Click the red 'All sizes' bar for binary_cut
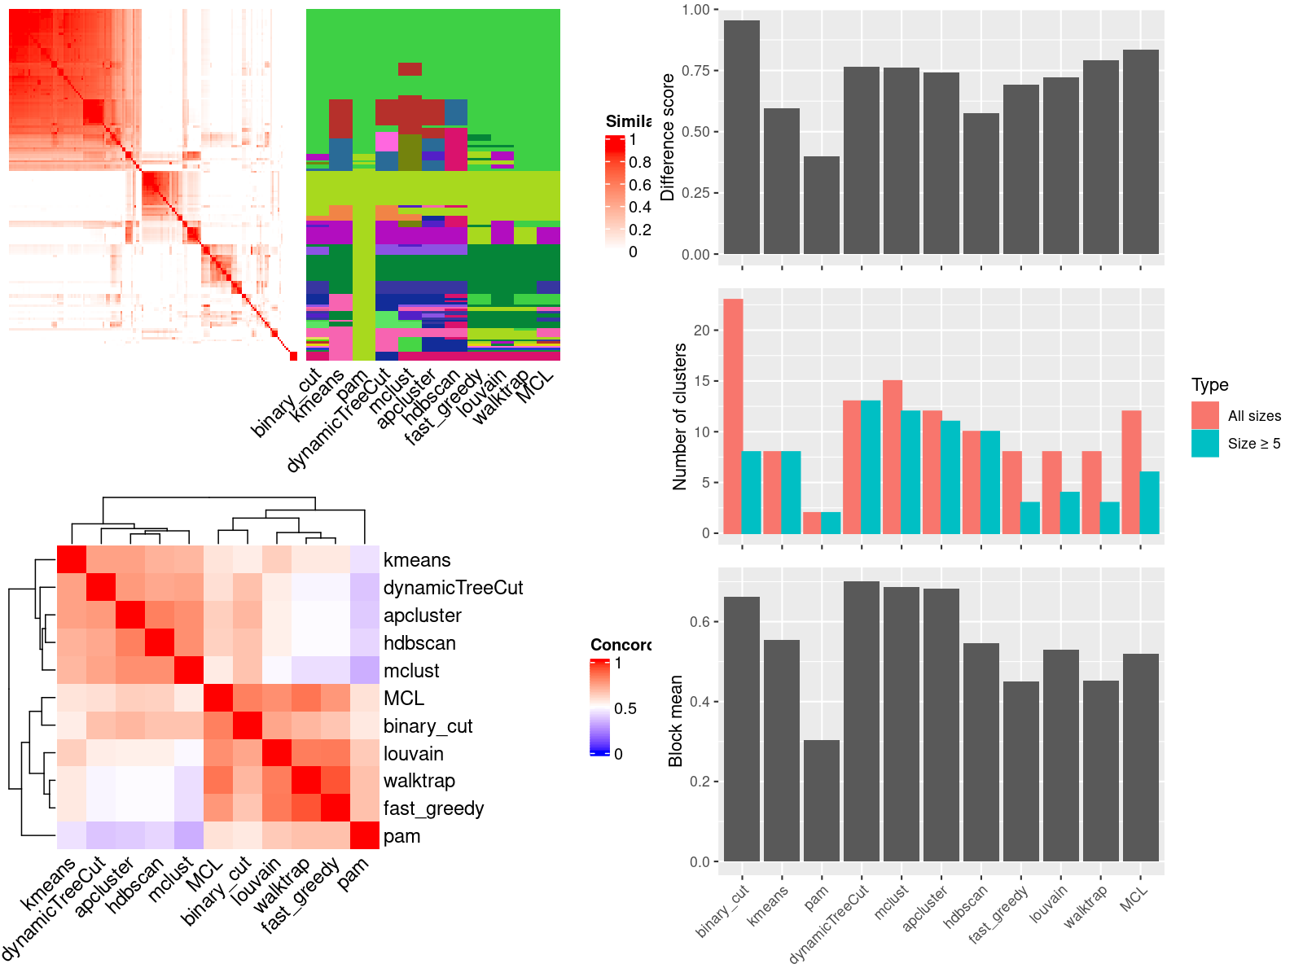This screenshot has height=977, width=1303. (733, 416)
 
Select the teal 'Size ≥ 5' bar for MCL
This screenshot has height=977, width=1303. (1150, 502)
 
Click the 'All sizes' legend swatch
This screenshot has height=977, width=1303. (1205, 415)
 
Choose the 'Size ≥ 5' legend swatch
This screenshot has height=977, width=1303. (1205, 443)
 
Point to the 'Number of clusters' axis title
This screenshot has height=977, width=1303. (680, 416)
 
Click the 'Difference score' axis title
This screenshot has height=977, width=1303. (669, 137)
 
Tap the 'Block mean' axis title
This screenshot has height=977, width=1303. (675, 721)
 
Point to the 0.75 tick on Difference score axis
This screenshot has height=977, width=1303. (696, 71)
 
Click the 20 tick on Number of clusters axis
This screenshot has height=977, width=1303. (702, 331)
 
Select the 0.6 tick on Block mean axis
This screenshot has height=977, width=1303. (700, 622)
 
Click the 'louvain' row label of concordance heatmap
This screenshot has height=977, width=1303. (414, 754)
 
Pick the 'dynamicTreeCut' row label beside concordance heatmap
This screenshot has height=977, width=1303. (453, 588)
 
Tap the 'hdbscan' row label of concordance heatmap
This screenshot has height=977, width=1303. (419, 643)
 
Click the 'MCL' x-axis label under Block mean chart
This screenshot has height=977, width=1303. (1134, 898)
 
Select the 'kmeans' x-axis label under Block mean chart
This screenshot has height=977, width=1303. (769, 905)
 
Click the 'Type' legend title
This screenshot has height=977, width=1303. (1209, 385)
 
